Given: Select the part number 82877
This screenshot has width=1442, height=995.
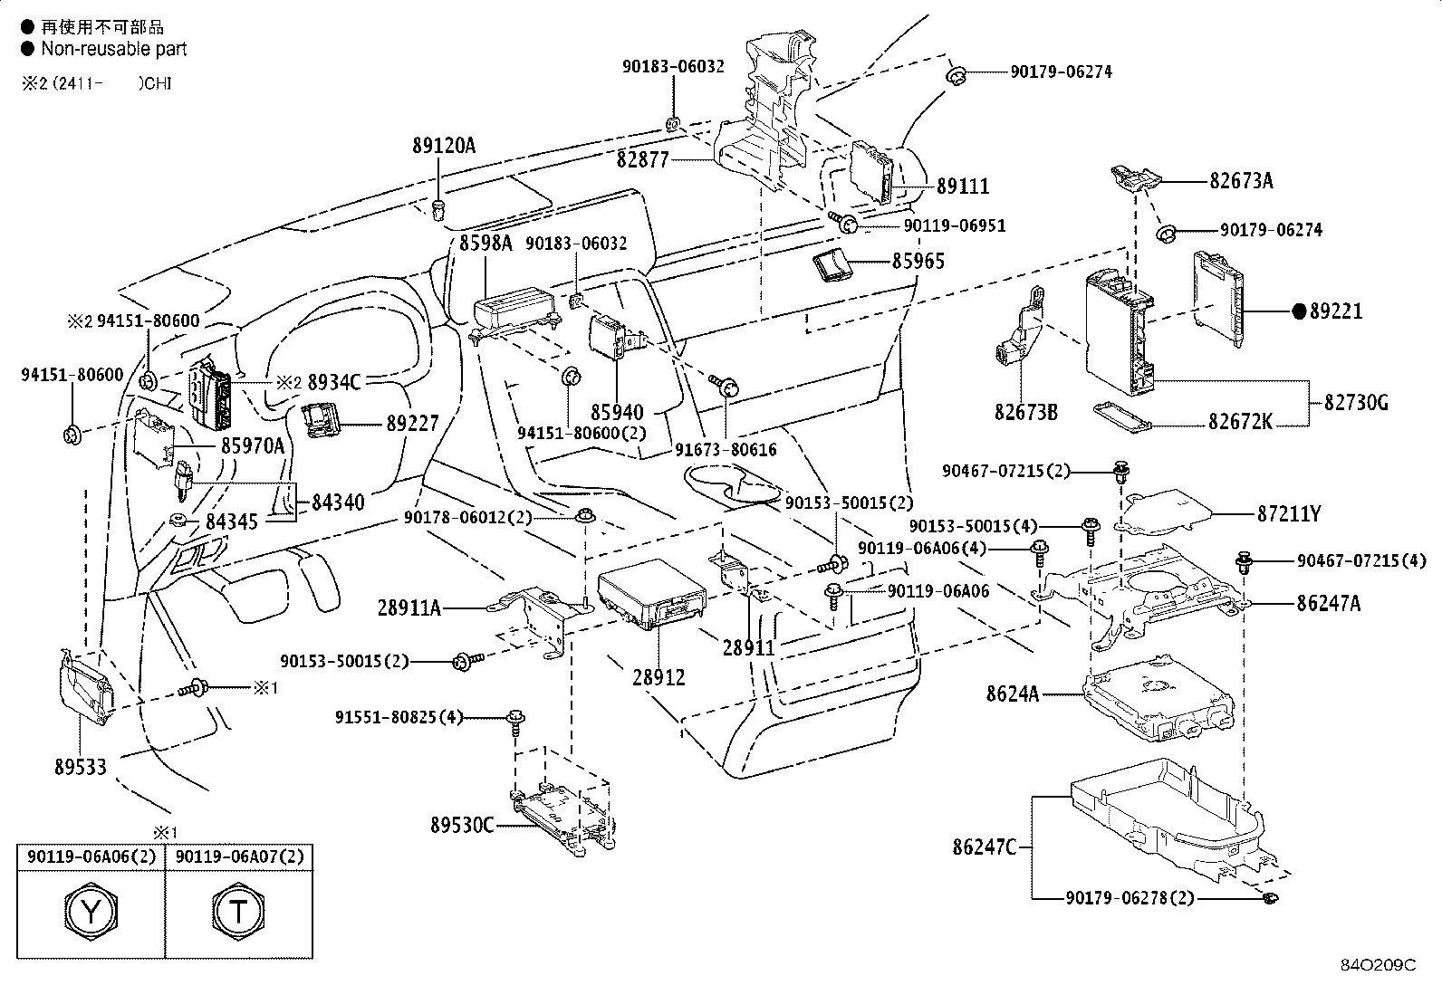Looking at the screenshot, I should [x=642, y=160].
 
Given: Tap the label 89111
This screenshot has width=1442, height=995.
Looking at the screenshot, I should [x=963, y=187].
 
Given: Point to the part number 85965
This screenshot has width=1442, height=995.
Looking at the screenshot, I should [x=918, y=262].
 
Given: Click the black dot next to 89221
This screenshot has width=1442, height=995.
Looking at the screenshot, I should [x=1299, y=311].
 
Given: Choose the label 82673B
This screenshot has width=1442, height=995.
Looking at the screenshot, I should [x=1025, y=413].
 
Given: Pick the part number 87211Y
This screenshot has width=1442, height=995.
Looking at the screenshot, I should [x=1288, y=514].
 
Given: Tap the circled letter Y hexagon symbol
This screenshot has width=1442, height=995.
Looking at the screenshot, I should [x=92, y=912].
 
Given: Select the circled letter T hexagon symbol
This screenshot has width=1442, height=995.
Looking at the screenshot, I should [x=238, y=912].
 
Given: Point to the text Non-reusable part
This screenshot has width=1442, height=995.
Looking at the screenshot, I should [x=113, y=49].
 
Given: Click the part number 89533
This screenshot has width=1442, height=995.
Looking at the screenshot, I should [x=79, y=767].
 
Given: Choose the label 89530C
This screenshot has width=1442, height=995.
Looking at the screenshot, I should [x=462, y=825].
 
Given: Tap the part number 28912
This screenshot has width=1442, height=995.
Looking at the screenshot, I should [x=659, y=676].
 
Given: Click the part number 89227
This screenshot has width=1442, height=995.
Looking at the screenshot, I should [x=412, y=423].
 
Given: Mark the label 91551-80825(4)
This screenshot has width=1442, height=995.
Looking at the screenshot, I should [x=399, y=718].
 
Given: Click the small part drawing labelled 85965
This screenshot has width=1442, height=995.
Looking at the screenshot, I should [x=832, y=264].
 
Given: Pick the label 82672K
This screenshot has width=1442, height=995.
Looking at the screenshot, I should [x=1240, y=422].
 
